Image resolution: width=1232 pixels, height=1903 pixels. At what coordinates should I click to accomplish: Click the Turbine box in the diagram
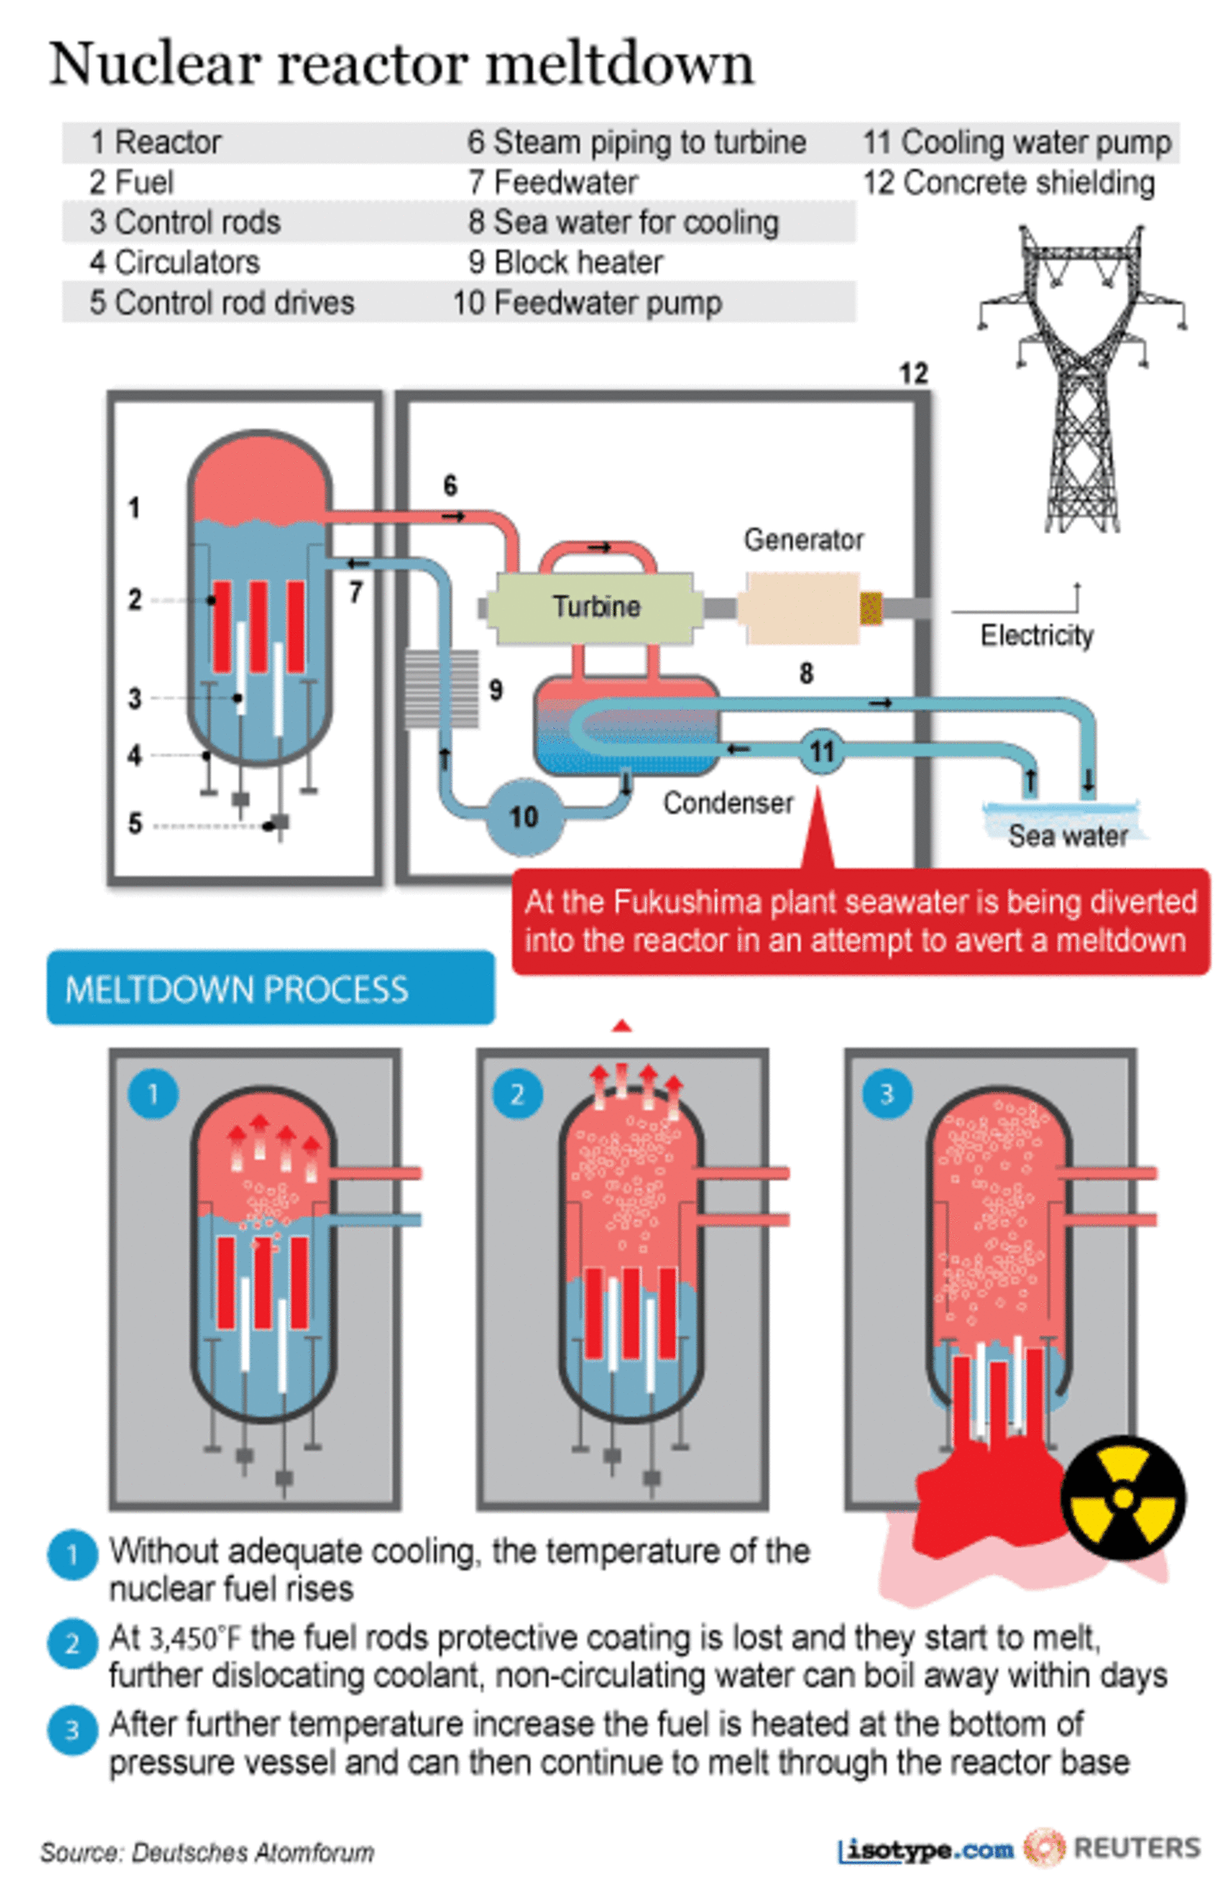(595, 607)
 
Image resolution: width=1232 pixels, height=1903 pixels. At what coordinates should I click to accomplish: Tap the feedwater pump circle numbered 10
(523, 816)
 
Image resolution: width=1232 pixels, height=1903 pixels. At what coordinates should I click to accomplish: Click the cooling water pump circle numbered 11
(821, 750)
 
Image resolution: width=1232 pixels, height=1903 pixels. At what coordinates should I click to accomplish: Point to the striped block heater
(441, 688)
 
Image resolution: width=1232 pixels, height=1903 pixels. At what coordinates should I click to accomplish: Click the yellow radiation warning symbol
(1122, 1497)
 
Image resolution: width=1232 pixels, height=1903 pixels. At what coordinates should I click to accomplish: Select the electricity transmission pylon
(1081, 378)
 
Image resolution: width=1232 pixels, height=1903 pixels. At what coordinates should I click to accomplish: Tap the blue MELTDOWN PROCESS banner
(270, 988)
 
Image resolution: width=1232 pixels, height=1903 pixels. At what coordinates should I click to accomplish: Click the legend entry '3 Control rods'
(186, 222)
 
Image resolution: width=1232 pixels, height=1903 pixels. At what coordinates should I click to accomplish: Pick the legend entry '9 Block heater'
(565, 262)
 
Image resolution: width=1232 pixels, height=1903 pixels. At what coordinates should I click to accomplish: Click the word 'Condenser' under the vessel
(728, 803)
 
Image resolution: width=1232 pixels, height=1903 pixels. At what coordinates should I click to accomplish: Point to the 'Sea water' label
(1067, 835)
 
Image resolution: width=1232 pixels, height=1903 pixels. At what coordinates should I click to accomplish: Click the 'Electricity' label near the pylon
(1037, 635)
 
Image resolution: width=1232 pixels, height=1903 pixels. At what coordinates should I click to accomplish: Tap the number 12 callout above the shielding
(913, 374)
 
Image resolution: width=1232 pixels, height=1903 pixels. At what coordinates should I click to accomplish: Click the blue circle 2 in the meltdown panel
(517, 1094)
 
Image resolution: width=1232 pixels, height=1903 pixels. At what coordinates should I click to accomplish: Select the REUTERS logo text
(1137, 1848)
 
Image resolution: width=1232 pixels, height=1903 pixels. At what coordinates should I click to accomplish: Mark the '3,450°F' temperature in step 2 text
(195, 1638)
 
